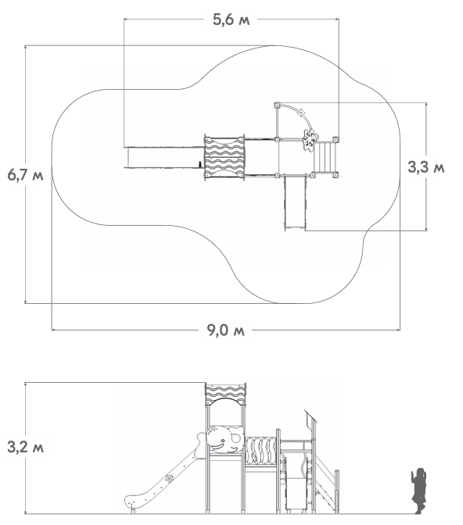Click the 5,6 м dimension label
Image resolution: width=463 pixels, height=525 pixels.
click(x=231, y=20)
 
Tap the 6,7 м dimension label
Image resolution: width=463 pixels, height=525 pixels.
click(x=26, y=175)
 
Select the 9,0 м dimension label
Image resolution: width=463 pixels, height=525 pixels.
click(x=225, y=330)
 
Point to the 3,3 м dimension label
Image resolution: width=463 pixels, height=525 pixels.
click(x=426, y=167)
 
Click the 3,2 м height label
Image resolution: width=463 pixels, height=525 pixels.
click(x=26, y=447)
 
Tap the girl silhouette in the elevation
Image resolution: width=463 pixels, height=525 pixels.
click(x=418, y=491)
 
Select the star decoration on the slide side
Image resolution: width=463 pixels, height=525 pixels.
click(x=169, y=478)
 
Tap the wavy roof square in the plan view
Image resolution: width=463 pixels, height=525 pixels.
click(x=224, y=157)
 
